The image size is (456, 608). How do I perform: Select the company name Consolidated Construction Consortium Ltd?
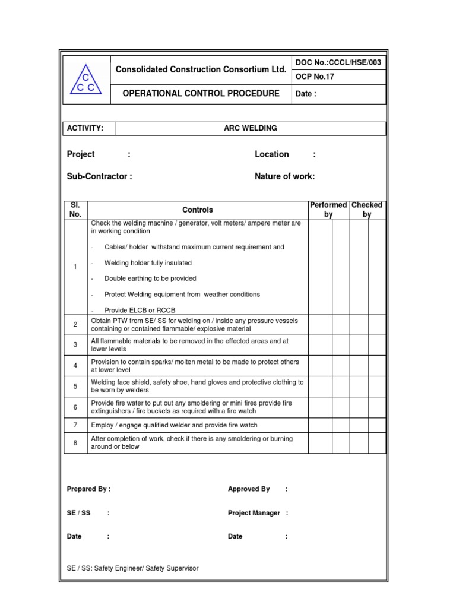coord(201,69)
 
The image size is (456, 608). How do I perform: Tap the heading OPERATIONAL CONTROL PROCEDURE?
coord(201,94)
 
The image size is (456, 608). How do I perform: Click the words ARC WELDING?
coord(250,128)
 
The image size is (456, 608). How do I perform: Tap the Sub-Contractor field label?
coord(99,176)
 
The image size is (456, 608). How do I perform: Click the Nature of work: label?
coord(284,176)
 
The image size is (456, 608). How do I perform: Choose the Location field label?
coord(272,154)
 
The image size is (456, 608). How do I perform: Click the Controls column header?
coord(197,210)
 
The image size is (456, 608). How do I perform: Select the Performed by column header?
coord(328,210)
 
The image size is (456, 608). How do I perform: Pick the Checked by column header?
coord(367,210)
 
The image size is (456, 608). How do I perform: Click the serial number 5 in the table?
coord(75,387)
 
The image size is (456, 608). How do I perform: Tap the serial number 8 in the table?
coord(75,443)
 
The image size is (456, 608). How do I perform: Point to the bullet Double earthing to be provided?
coord(150,278)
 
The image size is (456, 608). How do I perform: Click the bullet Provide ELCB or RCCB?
coord(140,310)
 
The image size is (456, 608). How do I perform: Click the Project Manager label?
coord(254,513)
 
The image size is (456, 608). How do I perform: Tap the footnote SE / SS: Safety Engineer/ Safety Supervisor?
coord(133,568)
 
